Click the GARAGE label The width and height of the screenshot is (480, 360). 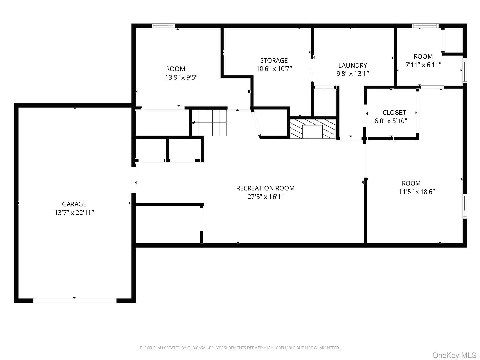pos(74,204)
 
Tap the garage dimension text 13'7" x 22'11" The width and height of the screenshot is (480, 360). pos(74,213)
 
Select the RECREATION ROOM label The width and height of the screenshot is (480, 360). pos(265,188)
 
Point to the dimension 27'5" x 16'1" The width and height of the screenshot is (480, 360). pos(265,197)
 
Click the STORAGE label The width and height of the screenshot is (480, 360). pos(274,60)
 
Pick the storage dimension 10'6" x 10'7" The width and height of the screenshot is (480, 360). pos(274,69)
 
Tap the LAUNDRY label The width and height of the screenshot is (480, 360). pos(353,65)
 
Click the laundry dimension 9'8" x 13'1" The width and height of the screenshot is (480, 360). pos(353,73)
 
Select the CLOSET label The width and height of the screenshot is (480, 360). pos(395,113)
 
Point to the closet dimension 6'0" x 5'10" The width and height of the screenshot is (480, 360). pos(391,121)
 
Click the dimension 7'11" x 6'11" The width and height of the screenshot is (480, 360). pos(423,65)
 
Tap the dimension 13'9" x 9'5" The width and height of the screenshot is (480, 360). pos(181,78)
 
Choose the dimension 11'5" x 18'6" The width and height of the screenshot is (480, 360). pos(417,192)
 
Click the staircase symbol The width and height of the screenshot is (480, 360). pos(209,123)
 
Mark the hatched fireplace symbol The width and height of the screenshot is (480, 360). pos(313,129)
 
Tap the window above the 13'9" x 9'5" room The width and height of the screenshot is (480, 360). pos(163,26)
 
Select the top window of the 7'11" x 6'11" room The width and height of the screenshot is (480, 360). pos(425,26)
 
